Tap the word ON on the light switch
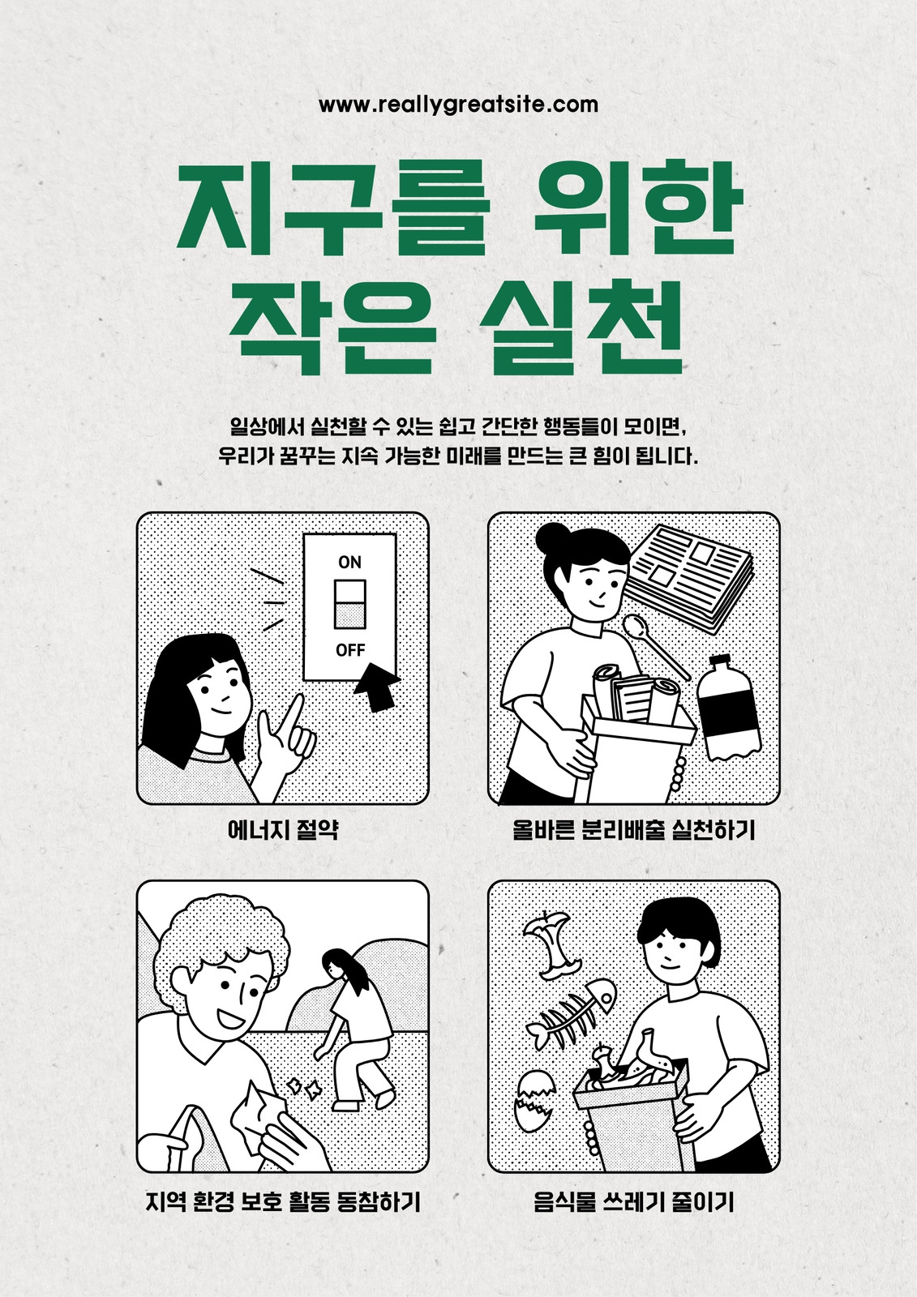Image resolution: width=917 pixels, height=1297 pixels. point(350,563)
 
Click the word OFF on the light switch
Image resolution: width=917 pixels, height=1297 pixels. point(350,650)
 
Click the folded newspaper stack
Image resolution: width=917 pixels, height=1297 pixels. point(689,576)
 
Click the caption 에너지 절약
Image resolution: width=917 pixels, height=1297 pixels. point(283,830)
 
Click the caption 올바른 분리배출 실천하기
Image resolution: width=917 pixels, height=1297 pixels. point(634,830)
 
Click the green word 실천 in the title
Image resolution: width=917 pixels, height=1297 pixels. point(582,327)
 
